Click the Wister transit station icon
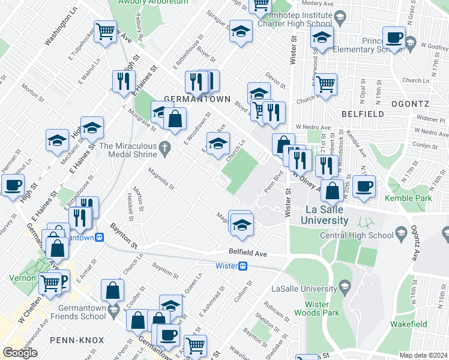click(243, 266)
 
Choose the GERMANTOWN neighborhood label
click(188, 98)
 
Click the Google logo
click(20, 352)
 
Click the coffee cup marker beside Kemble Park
click(364, 186)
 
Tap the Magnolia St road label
click(162, 178)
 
